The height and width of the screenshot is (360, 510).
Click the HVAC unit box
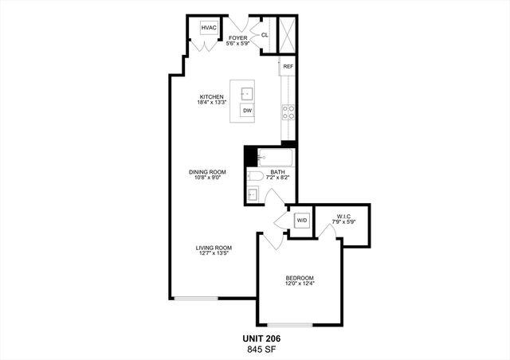tap(209, 29)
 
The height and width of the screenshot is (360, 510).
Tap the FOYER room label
tap(237, 37)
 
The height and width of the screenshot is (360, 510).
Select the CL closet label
tap(264, 34)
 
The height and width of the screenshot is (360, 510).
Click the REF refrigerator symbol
tap(288, 67)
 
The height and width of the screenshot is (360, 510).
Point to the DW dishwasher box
tap(248, 111)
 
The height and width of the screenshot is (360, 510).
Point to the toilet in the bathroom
tap(254, 176)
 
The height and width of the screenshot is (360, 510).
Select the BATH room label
tap(277, 172)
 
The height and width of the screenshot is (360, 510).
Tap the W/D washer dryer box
tap(302, 220)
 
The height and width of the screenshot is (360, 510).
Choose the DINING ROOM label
tap(207, 173)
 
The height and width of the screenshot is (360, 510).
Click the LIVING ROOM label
tap(214, 248)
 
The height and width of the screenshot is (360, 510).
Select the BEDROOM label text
tap(300, 279)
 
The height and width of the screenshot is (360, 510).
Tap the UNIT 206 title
tap(261, 338)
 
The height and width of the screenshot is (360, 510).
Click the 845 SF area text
tap(261, 348)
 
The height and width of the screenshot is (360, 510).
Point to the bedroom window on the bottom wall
tap(289, 324)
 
